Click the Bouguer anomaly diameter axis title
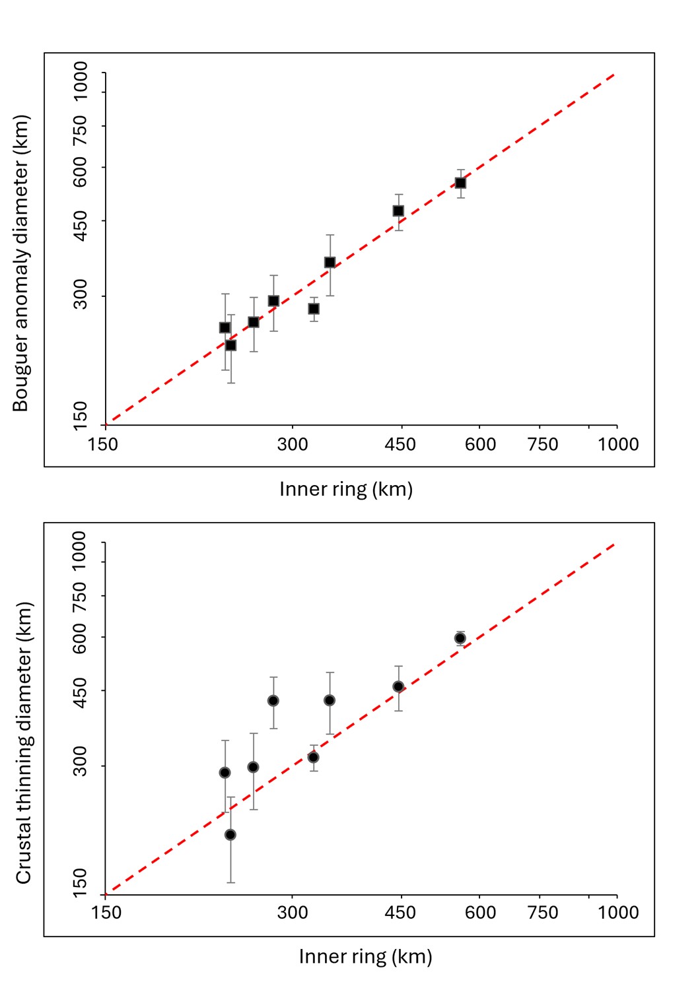[x=21, y=263]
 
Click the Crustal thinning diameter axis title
[x=24, y=742]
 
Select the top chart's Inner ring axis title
[x=346, y=490]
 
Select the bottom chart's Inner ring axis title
[x=365, y=957]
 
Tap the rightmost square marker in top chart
[x=460, y=183]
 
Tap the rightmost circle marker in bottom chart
[x=460, y=638]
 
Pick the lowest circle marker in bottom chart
[x=230, y=835]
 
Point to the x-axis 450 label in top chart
[x=400, y=444]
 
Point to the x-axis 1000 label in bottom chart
[x=618, y=913]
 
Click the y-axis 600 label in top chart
[x=80, y=172]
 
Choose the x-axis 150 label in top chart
[x=103, y=444]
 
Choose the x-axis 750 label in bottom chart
[x=543, y=913]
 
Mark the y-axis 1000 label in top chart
[x=80, y=81]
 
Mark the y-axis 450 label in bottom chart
[x=80, y=692]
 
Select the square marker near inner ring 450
[x=398, y=211]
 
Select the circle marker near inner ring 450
[x=398, y=687]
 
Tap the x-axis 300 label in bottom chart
[x=293, y=913]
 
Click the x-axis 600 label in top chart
[x=481, y=444]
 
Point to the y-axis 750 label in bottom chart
[x=80, y=597]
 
